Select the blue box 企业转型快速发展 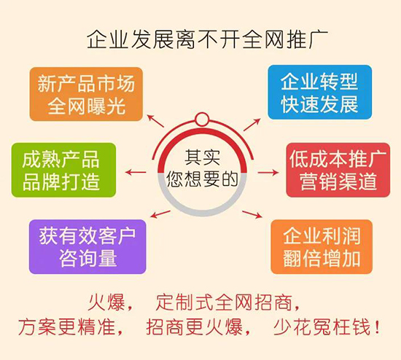pos(319,92)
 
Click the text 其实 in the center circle pos(201,155)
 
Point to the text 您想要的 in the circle pos(201,178)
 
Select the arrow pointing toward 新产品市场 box pos(155,121)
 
